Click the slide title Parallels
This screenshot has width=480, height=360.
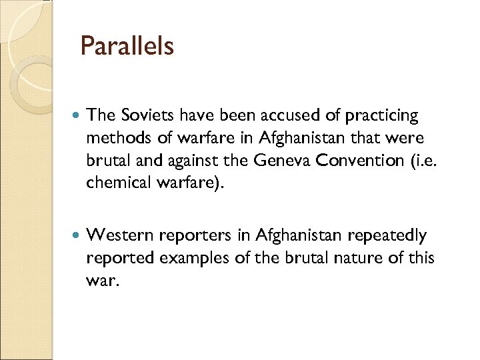[x=127, y=47]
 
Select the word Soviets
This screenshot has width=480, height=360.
[x=143, y=116]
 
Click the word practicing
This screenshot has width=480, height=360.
[x=381, y=117]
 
